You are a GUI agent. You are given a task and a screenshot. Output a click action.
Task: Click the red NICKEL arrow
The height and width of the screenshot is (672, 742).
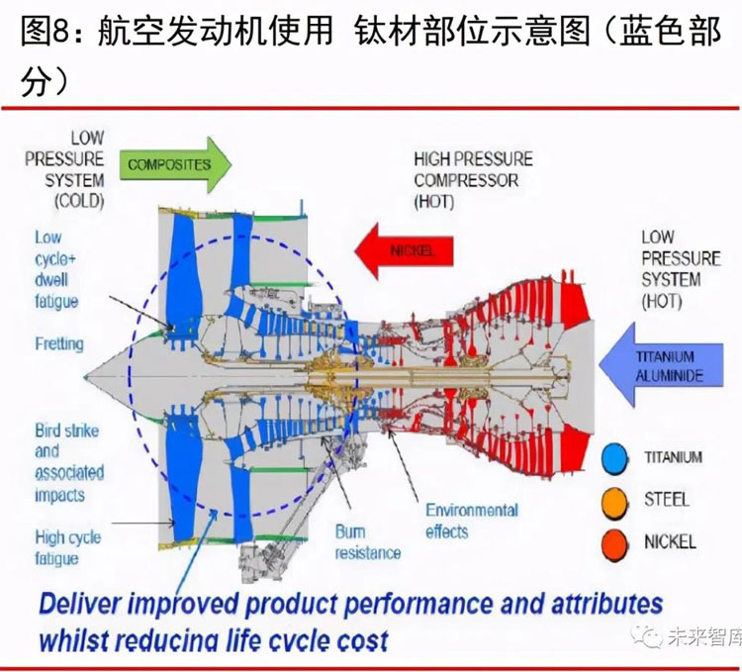[404, 249]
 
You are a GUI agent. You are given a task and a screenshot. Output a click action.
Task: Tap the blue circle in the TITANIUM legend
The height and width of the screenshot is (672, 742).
[616, 457]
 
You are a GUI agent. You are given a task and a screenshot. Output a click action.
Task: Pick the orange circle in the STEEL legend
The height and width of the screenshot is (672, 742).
[616, 500]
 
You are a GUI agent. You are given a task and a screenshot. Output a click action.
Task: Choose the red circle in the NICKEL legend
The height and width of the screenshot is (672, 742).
[616, 541]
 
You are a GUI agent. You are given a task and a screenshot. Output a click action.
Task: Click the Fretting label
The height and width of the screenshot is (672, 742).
[58, 344]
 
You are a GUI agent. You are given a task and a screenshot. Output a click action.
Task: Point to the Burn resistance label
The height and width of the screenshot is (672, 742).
[367, 542]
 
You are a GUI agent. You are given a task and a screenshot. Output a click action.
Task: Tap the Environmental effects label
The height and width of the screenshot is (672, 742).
[471, 521]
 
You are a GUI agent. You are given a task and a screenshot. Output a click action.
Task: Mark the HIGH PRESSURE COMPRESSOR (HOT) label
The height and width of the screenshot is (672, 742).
[473, 180]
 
